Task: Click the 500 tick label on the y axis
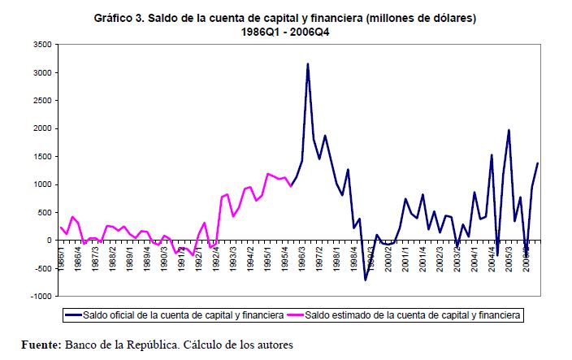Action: click(x=45, y=212)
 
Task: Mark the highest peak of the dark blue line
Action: click(x=308, y=63)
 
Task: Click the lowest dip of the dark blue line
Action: click(x=365, y=280)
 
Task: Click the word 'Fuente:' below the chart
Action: click(x=40, y=345)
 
